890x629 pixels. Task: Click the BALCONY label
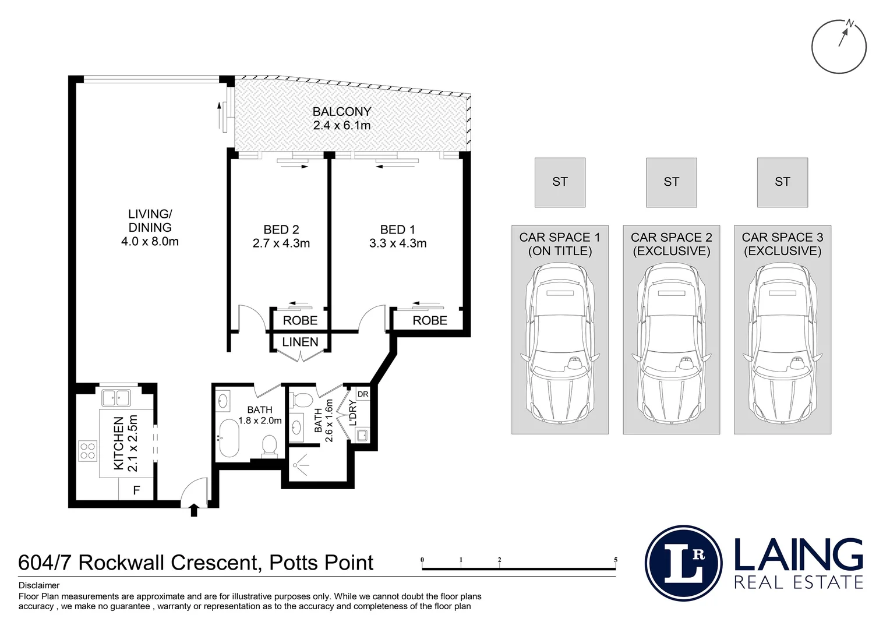[341, 112]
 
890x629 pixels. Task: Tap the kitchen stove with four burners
[88, 451]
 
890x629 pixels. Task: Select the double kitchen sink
[116, 398]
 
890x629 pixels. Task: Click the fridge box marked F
[136, 490]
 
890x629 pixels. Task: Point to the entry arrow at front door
[194, 511]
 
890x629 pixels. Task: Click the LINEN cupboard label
[300, 342]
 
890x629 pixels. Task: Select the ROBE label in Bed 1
[430, 320]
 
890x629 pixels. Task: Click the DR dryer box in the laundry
[363, 394]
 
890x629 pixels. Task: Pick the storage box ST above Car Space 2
[671, 182]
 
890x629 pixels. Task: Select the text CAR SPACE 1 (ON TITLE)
[560, 244]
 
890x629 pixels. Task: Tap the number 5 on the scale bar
[615, 560]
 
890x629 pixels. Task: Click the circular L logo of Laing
[684, 563]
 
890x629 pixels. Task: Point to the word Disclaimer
[39, 586]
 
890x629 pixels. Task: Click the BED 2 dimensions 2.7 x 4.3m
[281, 243]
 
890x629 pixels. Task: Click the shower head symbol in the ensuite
[300, 465]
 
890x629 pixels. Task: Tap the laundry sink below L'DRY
[362, 434]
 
